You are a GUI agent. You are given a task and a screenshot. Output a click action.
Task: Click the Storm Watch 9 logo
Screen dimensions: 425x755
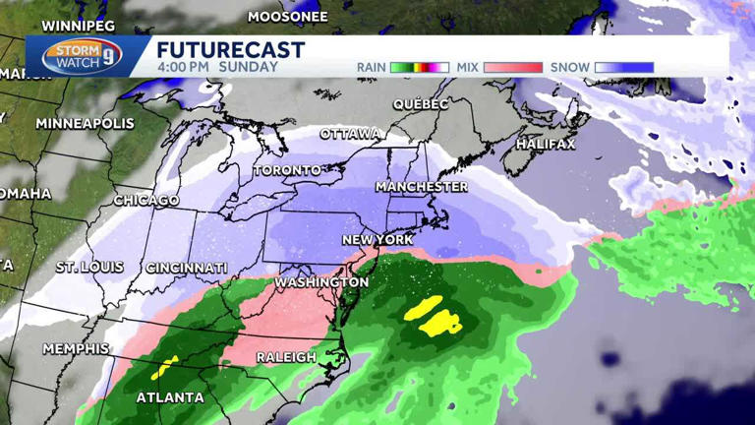82,55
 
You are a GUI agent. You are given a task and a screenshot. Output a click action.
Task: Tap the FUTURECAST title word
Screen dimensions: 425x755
230,50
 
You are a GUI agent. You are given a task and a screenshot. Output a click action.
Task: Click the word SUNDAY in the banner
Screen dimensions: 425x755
249,68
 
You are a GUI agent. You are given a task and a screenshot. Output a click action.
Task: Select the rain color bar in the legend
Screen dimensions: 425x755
419,68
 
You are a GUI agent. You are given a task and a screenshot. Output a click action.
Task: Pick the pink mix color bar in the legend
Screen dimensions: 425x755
512,68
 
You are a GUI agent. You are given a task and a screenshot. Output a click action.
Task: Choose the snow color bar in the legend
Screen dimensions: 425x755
624,68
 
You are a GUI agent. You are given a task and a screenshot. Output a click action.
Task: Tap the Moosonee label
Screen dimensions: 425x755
286,17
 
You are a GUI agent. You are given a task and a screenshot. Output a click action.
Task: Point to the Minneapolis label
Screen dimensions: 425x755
85,124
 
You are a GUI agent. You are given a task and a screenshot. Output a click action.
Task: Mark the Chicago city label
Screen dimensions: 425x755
146,201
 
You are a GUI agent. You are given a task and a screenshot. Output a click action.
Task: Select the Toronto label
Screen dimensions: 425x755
287,170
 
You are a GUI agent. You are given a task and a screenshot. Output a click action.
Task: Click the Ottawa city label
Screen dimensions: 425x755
350,134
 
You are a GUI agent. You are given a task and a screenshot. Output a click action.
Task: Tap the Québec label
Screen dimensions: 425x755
421,104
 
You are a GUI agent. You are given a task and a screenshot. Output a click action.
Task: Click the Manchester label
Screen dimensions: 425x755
422,187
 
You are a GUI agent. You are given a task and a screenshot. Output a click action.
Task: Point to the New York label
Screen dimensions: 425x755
377,240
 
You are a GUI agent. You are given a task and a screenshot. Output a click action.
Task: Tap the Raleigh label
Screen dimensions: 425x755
285,357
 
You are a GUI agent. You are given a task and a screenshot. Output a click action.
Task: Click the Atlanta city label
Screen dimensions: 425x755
171,397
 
